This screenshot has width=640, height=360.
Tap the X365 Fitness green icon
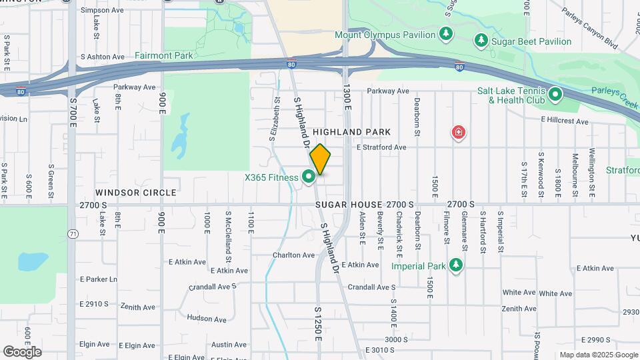(x=309, y=177)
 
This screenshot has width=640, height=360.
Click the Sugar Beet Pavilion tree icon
(x=481, y=41)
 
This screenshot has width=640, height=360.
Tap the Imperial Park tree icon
(x=456, y=266)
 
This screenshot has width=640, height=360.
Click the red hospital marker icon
(x=458, y=133)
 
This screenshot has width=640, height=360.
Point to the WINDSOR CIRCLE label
(x=136, y=192)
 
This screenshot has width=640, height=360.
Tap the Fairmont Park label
(x=163, y=55)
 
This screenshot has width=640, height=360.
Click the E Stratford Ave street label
(x=381, y=147)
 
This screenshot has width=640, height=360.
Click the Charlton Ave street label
(x=293, y=255)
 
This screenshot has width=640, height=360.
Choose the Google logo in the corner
(x=22, y=351)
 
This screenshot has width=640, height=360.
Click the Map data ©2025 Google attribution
(x=597, y=355)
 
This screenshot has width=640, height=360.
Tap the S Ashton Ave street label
(x=103, y=57)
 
